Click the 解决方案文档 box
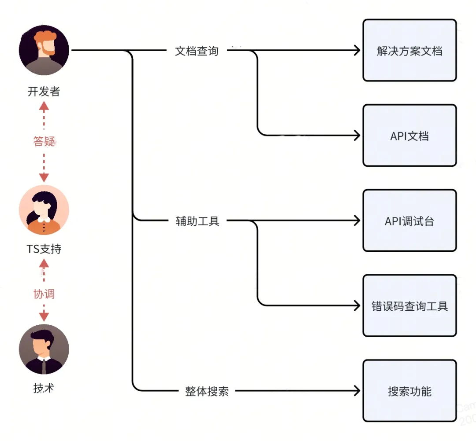point(409,51)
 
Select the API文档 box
point(409,136)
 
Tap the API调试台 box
point(409,221)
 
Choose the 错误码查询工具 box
point(409,306)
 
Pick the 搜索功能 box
point(409,391)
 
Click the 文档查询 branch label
point(197,51)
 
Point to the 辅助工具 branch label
point(197,221)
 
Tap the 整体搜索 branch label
point(207,391)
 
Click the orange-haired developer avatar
point(44,50)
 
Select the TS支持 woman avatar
point(44,210)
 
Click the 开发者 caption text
point(44,92)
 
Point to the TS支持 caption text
point(44,249)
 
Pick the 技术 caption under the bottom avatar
point(44,388)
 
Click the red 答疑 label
point(44,141)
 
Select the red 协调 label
point(44,294)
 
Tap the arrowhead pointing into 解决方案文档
point(357,51)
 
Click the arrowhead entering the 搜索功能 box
point(357,391)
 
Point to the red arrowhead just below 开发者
point(44,106)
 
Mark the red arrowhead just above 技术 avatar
point(44,317)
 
